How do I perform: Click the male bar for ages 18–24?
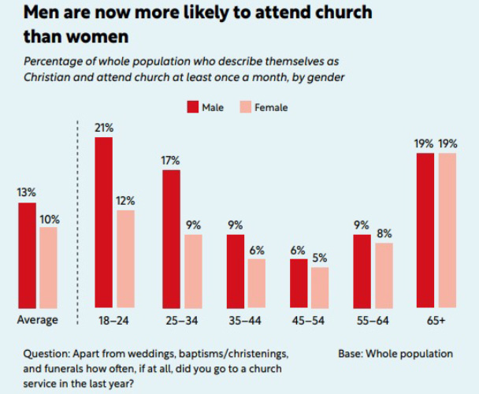point(103,223)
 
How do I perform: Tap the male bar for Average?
point(27,256)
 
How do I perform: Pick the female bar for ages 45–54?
point(319,288)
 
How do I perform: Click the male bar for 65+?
point(425,231)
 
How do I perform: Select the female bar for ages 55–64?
point(384,276)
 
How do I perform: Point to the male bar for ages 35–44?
point(236,272)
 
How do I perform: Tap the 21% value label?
point(104,127)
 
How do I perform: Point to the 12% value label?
point(126,200)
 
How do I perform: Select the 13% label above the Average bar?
point(27,192)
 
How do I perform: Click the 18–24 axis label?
point(114,320)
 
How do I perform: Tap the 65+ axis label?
point(436,320)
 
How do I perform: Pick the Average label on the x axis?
point(38,320)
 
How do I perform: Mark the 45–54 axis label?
point(308,320)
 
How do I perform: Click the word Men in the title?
point(40,13)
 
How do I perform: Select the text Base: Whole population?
point(395,353)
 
